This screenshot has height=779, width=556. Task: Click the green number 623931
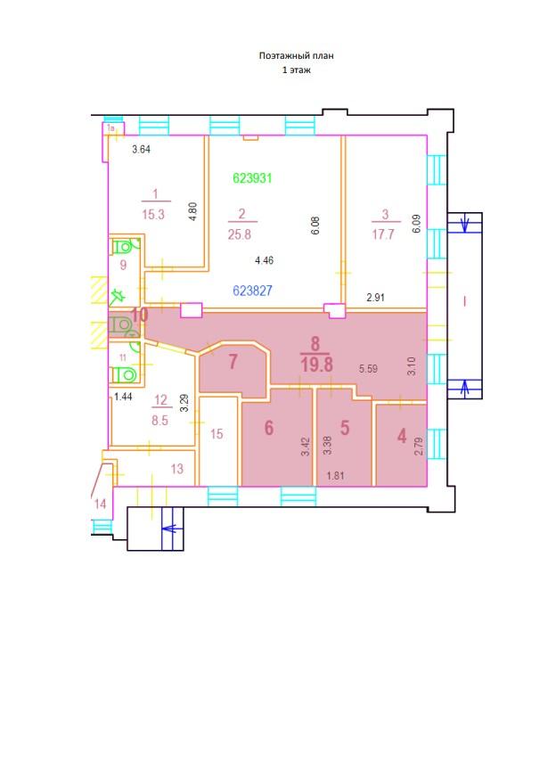click(x=252, y=178)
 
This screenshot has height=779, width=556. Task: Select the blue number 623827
click(x=252, y=291)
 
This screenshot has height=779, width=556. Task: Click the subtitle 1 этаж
click(x=297, y=70)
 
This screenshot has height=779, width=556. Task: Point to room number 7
click(x=233, y=362)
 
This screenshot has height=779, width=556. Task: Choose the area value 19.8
click(x=316, y=365)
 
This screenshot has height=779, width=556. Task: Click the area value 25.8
click(x=240, y=234)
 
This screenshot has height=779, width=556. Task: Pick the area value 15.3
click(x=153, y=214)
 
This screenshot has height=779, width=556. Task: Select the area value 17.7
click(x=383, y=234)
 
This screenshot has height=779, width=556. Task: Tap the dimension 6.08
click(x=315, y=225)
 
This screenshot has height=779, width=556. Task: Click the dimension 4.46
click(x=264, y=260)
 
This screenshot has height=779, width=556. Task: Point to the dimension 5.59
click(x=368, y=369)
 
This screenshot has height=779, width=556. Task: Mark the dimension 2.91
click(x=375, y=298)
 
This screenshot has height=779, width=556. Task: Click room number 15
click(x=217, y=434)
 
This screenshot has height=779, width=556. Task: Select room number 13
click(x=177, y=469)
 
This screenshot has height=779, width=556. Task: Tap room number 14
click(x=101, y=504)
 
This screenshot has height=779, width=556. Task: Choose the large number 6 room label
click(x=269, y=428)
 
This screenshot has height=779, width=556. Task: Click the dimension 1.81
click(x=335, y=476)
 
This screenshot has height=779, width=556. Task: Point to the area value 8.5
click(x=160, y=421)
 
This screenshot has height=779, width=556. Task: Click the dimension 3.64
click(x=141, y=149)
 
